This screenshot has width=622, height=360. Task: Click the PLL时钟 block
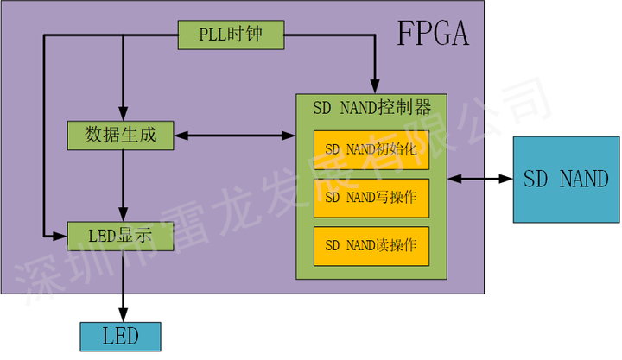231,35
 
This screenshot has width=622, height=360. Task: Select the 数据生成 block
120,134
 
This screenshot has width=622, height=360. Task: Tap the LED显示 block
120,233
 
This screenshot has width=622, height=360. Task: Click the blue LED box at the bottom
120,335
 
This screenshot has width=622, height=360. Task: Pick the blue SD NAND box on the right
566,179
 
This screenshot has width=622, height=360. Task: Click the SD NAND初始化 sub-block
371,149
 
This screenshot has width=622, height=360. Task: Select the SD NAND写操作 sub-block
371,198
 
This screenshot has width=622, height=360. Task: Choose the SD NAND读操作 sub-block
371,245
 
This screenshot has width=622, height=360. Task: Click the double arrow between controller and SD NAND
479,179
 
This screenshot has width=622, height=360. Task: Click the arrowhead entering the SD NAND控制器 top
373,85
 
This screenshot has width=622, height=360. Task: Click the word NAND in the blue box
583,179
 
